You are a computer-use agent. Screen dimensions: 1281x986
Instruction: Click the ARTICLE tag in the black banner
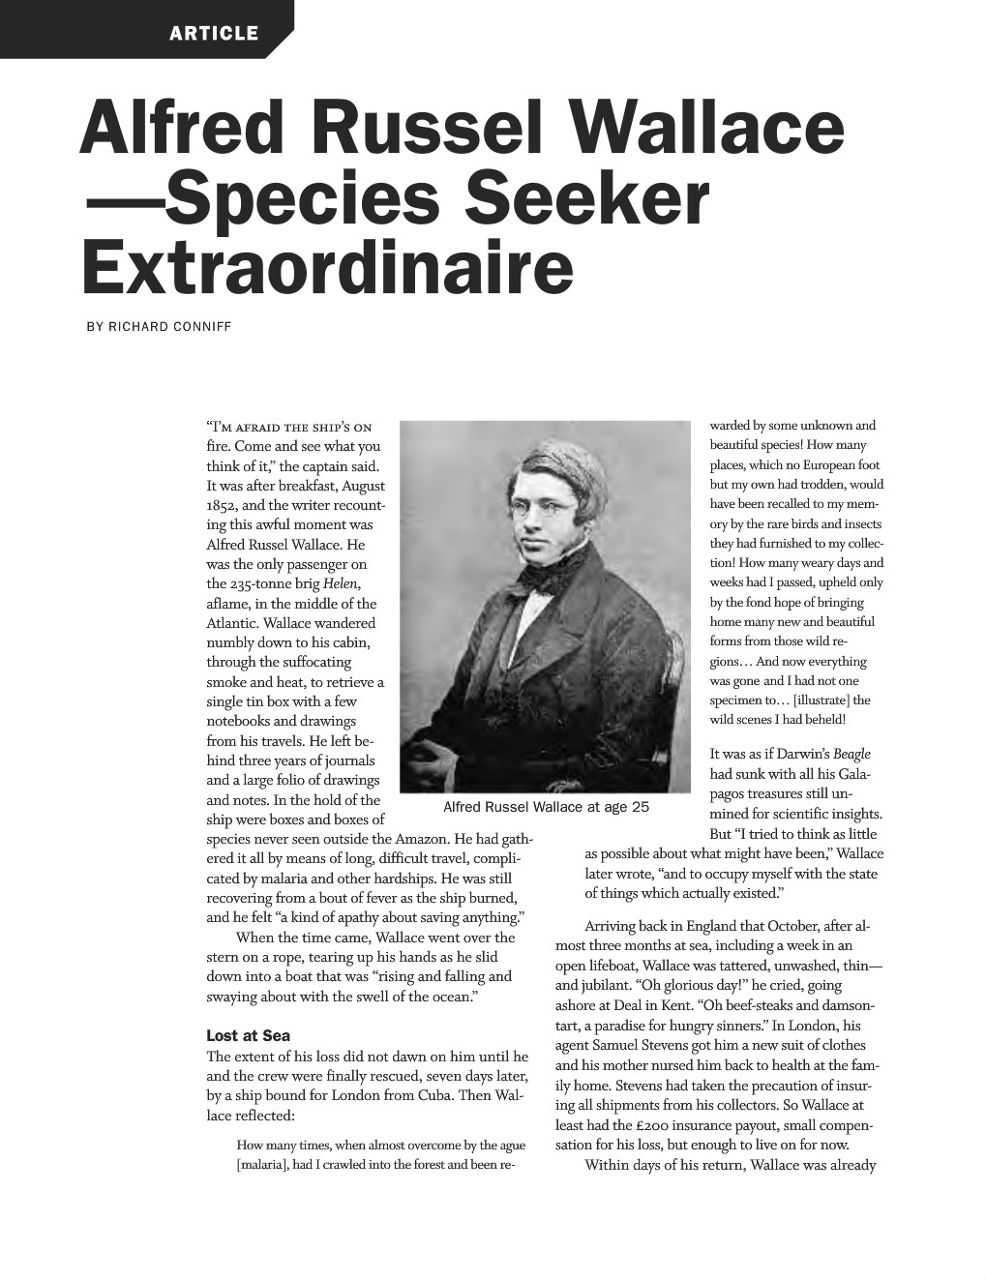214,34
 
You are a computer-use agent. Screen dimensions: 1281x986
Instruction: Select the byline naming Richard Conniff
160,326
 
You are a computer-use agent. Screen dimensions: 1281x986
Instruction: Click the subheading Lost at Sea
248,1036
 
